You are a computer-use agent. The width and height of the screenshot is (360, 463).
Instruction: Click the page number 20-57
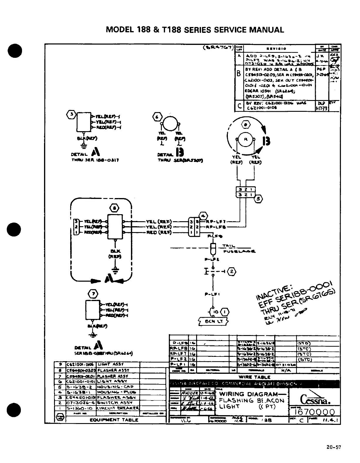[x=334, y=447]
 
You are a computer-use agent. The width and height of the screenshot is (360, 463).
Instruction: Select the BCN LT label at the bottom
[x=213, y=321]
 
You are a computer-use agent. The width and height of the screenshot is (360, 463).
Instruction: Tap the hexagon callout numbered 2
[x=232, y=271]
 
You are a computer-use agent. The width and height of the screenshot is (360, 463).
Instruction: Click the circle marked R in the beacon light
[x=246, y=140]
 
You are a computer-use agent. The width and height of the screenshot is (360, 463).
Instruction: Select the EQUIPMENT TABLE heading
[x=114, y=420]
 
